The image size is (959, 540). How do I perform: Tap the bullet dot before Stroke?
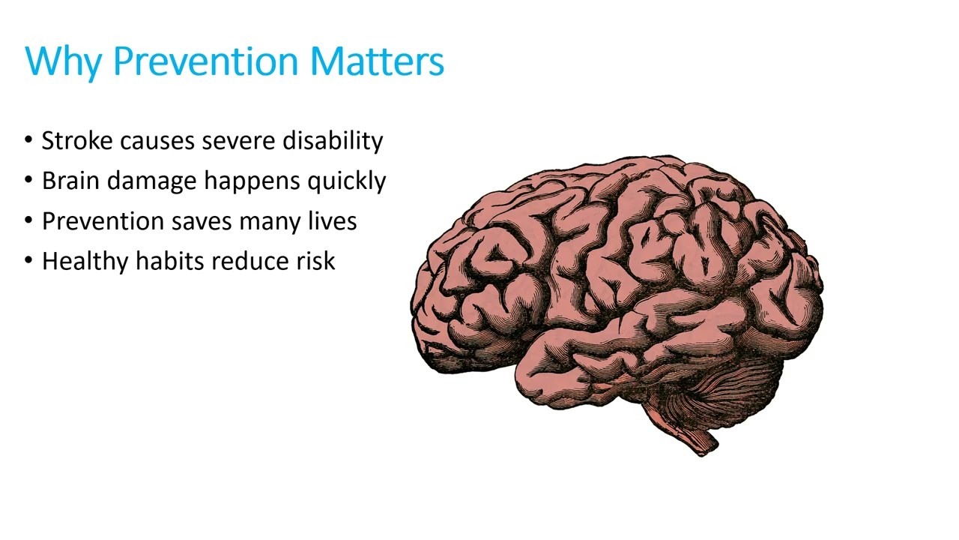(x=28, y=140)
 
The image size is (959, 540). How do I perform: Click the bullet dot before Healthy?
(x=28, y=261)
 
